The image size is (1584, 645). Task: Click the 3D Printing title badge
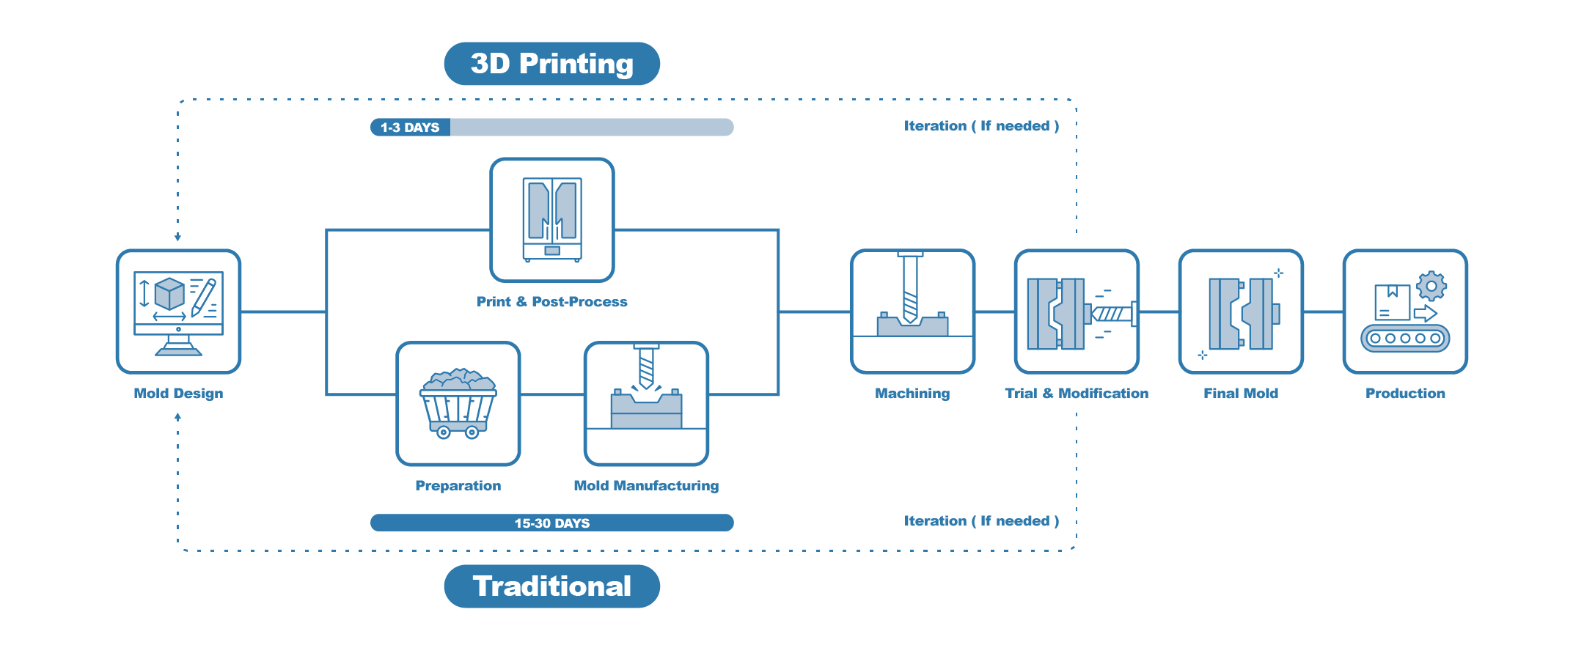[551, 64]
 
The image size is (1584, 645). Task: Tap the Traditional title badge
[551, 586]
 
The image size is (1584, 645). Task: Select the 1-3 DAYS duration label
[410, 128]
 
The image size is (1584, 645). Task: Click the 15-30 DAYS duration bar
[551, 523]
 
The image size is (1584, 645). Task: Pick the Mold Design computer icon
[178, 312]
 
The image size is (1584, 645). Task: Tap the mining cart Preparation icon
[458, 404]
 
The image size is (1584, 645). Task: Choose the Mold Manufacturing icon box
[646, 404]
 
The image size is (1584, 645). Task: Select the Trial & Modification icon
[1077, 312]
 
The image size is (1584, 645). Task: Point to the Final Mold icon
[1241, 312]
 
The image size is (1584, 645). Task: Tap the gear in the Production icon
[1431, 286]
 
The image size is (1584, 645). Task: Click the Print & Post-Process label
[551, 302]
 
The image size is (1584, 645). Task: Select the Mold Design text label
[178, 394]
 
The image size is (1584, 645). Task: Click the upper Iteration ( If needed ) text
[981, 126]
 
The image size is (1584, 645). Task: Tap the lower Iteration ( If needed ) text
[981, 521]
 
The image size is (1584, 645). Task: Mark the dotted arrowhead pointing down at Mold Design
[177, 237]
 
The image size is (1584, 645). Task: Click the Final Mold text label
[1241, 394]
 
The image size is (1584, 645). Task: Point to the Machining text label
[912, 394]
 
